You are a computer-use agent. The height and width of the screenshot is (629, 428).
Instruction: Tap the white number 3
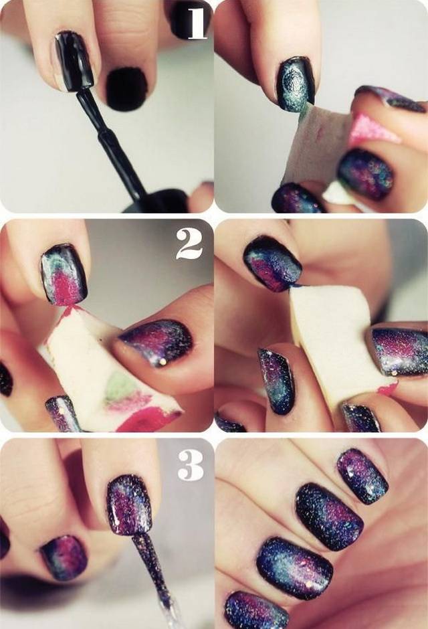(x=191, y=464)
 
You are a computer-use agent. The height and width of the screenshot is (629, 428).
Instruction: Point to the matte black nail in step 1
(x=126, y=89)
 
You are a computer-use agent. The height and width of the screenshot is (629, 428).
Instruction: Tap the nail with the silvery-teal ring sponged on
(x=295, y=83)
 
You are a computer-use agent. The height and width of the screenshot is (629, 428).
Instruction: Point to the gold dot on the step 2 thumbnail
(x=163, y=362)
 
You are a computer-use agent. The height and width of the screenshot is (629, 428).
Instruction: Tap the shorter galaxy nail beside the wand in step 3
(x=64, y=557)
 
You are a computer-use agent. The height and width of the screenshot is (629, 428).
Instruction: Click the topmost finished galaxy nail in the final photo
(x=362, y=476)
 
